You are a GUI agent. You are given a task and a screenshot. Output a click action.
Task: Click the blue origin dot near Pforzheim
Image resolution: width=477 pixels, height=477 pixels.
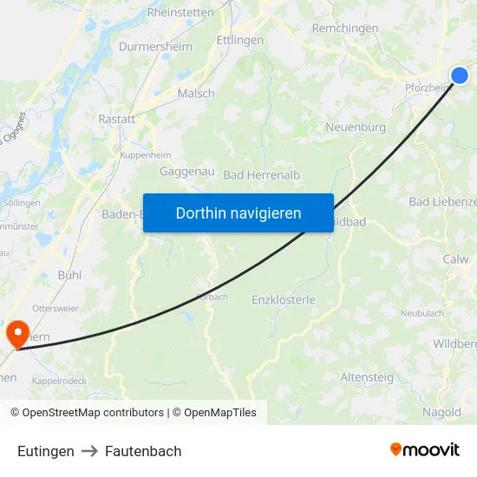point(460,75)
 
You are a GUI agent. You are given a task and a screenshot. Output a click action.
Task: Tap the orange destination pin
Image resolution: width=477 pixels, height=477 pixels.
point(16,333)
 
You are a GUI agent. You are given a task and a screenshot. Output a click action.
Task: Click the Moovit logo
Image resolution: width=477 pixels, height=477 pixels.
point(424,449)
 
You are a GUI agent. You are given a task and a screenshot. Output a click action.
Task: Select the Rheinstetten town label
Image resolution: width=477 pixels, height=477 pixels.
point(180,12)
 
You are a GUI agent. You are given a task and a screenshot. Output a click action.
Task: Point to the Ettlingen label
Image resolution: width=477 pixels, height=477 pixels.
point(240,40)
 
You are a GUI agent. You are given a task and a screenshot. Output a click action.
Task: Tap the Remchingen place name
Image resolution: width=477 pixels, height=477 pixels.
point(344,28)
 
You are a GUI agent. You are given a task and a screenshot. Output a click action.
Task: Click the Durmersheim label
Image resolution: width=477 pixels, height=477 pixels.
point(155,46)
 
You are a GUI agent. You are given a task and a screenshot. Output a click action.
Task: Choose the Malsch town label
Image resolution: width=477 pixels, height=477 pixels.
point(195,94)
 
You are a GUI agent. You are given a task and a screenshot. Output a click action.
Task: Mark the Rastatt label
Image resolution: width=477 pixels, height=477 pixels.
point(116,119)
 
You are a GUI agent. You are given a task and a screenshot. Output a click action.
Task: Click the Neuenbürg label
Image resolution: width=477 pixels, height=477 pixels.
point(355,127)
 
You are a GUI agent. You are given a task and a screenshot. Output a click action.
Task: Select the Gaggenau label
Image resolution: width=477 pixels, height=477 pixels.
point(187,171)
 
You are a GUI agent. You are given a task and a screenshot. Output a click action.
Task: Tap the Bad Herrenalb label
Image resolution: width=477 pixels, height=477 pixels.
point(262,174)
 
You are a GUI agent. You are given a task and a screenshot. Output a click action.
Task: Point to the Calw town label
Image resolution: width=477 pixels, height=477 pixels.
point(454,258)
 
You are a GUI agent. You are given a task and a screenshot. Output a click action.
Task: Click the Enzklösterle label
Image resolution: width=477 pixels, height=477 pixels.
point(284,299)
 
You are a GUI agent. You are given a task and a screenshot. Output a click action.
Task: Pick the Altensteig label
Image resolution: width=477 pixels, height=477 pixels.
point(367,377)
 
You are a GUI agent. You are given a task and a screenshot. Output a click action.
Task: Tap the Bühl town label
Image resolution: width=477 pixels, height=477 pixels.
point(69,274)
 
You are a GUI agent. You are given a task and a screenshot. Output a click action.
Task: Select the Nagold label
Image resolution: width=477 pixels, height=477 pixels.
point(441,412)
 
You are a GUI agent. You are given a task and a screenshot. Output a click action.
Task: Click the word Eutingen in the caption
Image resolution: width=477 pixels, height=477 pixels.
point(45,451)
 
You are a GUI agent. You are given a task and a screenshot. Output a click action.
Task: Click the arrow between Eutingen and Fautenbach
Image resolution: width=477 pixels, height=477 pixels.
point(89,451)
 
